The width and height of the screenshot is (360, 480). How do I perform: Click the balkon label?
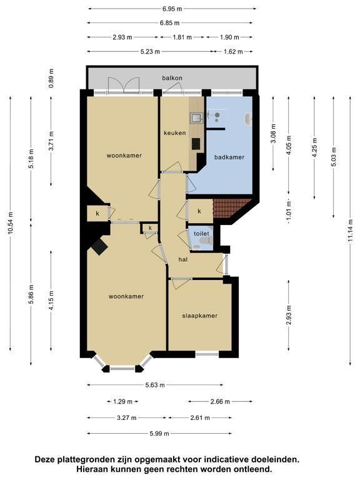pos(172,77)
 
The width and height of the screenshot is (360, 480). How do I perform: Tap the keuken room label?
pos(175,133)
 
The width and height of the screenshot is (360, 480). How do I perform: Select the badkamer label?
pos(229,157)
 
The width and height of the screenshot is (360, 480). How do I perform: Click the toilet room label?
pos(201,234)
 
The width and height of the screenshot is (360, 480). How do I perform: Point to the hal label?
pos(183,259)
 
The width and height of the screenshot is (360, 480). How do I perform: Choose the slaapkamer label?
pos(200,316)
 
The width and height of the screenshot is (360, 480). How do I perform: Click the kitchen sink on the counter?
pos(195,117)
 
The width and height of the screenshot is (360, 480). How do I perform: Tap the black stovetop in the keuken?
pos(196,144)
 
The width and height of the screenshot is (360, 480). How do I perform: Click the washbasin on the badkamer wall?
pos(248,119)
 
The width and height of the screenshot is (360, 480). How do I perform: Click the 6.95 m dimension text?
pos(172,9)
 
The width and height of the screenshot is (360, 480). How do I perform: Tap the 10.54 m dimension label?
pos(11,223)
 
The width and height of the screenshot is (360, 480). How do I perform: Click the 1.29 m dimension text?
pos(122,401)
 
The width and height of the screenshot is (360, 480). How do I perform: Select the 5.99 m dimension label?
pos(159,434)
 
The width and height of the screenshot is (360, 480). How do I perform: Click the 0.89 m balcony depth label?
pos(51,78)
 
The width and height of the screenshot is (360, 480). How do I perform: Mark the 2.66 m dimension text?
pos(220,401)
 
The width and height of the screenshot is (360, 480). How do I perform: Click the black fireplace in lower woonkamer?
pos(99,246)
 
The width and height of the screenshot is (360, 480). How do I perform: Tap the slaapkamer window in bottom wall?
pos(207,354)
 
